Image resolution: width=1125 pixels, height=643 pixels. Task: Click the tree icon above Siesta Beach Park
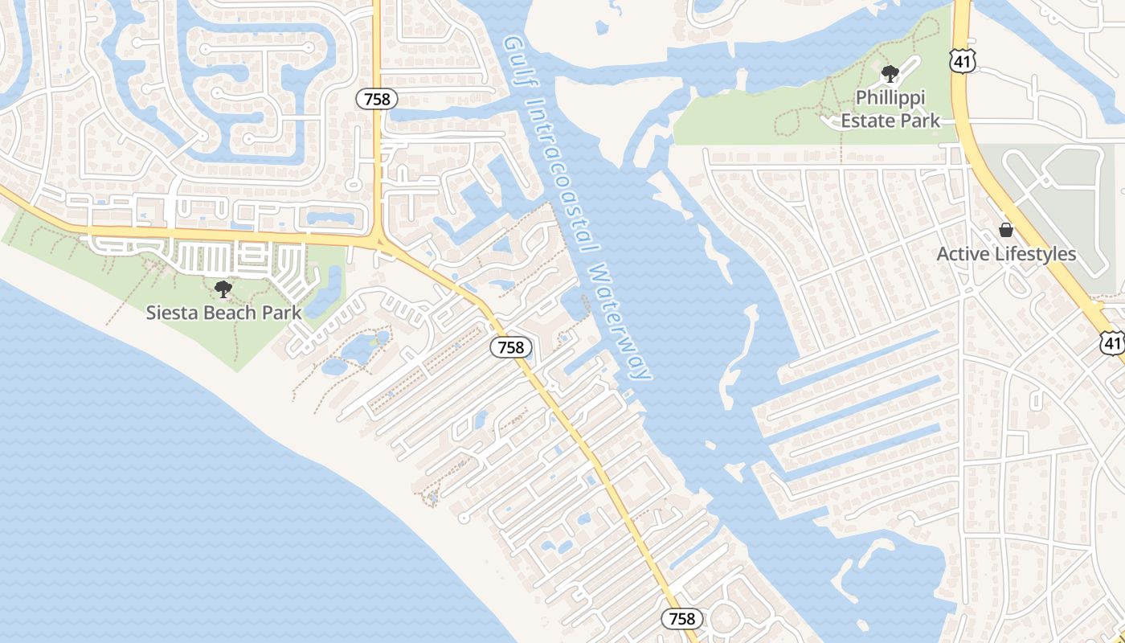[x=223, y=289]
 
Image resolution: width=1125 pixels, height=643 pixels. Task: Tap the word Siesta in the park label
[x=169, y=313]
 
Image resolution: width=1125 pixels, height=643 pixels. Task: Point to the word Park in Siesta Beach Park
[x=282, y=313]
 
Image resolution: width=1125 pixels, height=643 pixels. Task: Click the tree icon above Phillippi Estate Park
[x=890, y=75]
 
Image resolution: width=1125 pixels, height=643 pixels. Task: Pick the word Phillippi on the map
[x=890, y=98]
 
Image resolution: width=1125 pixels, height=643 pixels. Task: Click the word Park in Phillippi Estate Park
[x=918, y=121]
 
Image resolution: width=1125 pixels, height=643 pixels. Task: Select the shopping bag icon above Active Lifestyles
[x=1006, y=231]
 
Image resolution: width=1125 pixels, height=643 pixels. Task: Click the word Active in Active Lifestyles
[x=964, y=254]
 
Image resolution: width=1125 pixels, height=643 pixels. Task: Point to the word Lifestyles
[x=1035, y=254]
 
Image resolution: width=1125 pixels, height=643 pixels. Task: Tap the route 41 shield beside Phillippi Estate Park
[x=961, y=59]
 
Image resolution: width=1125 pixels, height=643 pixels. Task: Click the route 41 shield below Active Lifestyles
[x=1112, y=343]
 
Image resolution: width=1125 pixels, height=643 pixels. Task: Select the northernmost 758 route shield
[x=377, y=99]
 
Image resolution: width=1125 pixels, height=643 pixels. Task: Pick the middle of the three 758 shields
[x=510, y=347]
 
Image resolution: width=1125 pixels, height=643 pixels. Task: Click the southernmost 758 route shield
[x=682, y=618]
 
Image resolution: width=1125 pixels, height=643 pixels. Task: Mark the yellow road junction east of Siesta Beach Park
[x=378, y=240]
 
